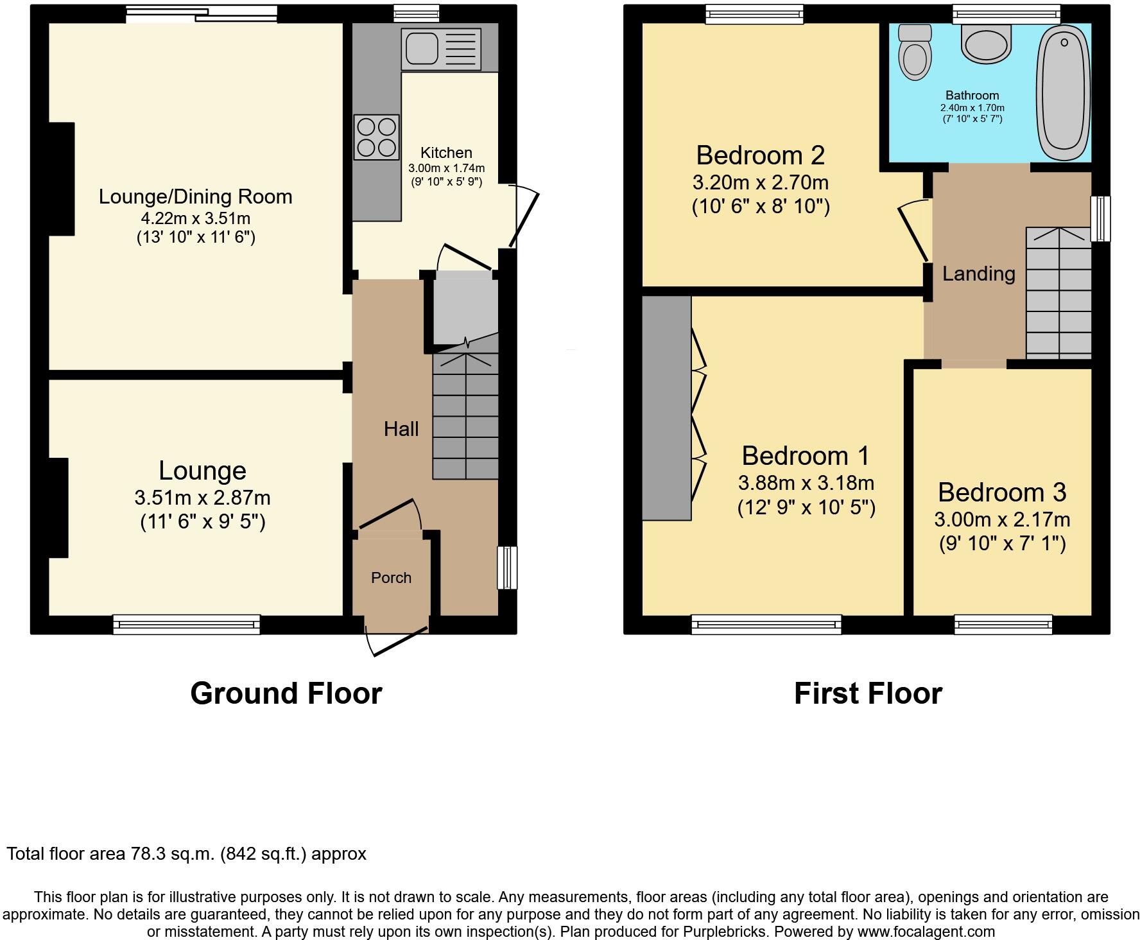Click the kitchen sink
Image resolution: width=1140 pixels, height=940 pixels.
(440, 49)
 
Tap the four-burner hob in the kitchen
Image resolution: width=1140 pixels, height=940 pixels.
(377, 137)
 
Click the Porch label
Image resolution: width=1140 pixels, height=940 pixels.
(391, 578)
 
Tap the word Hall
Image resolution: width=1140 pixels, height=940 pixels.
(401, 429)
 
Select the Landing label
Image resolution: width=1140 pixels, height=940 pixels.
(978, 274)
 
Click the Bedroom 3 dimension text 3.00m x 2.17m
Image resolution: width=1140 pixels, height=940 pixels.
(1001, 519)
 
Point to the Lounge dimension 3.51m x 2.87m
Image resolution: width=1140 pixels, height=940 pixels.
(202, 498)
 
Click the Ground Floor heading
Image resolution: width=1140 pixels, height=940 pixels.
(286, 693)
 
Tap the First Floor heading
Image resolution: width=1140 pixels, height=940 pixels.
(868, 693)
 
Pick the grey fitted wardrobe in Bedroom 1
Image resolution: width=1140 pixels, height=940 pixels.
(667, 408)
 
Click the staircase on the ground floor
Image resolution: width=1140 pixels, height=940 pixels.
(465, 417)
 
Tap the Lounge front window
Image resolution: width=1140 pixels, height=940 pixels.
(186, 624)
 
